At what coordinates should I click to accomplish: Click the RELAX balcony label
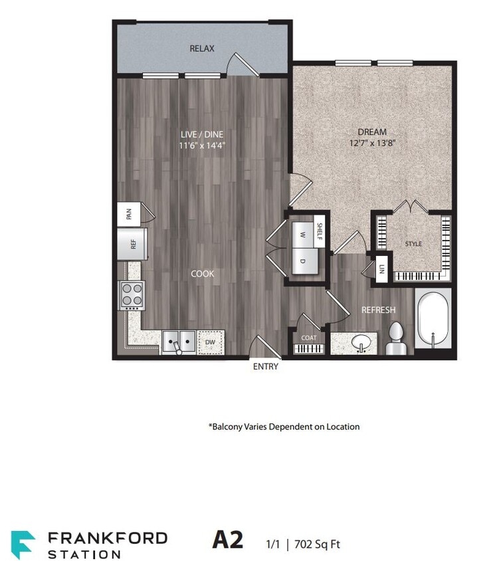tap(202, 49)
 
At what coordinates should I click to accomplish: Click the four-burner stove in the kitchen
tap(132, 296)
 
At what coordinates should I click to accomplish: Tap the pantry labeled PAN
tap(130, 214)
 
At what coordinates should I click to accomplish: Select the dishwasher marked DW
tap(211, 342)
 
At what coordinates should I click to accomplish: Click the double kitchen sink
tap(179, 342)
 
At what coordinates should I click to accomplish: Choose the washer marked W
tap(302, 235)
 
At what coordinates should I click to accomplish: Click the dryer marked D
tap(302, 261)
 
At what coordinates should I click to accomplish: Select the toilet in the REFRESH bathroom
tap(396, 338)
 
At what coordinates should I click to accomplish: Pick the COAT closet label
tap(309, 338)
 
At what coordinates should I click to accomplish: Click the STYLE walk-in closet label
tap(413, 244)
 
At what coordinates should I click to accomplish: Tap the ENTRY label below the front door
tap(266, 366)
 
